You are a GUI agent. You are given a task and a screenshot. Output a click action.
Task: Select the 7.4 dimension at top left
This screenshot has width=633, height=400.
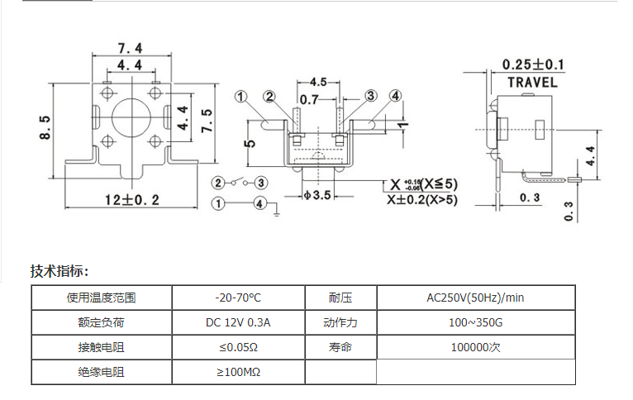(x=130, y=48)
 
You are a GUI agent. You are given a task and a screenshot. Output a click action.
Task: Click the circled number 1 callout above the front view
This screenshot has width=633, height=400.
(x=241, y=97)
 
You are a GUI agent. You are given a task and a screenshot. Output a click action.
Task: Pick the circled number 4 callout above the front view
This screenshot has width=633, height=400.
(x=396, y=96)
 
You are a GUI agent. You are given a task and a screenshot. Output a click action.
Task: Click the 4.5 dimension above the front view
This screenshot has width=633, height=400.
(x=318, y=82)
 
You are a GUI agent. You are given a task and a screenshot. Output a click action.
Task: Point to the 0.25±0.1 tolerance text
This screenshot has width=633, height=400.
(x=533, y=64)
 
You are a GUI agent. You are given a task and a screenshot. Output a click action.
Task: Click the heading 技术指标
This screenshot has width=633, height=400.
(x=59, y=271)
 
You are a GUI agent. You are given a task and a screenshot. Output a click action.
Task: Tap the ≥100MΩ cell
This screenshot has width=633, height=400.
(x=238, y=372)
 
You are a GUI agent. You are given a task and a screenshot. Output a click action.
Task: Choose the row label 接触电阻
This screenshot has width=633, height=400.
(x=102, y=347)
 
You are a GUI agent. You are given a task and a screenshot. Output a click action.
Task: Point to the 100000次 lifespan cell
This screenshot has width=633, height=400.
(x=475, y=347)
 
